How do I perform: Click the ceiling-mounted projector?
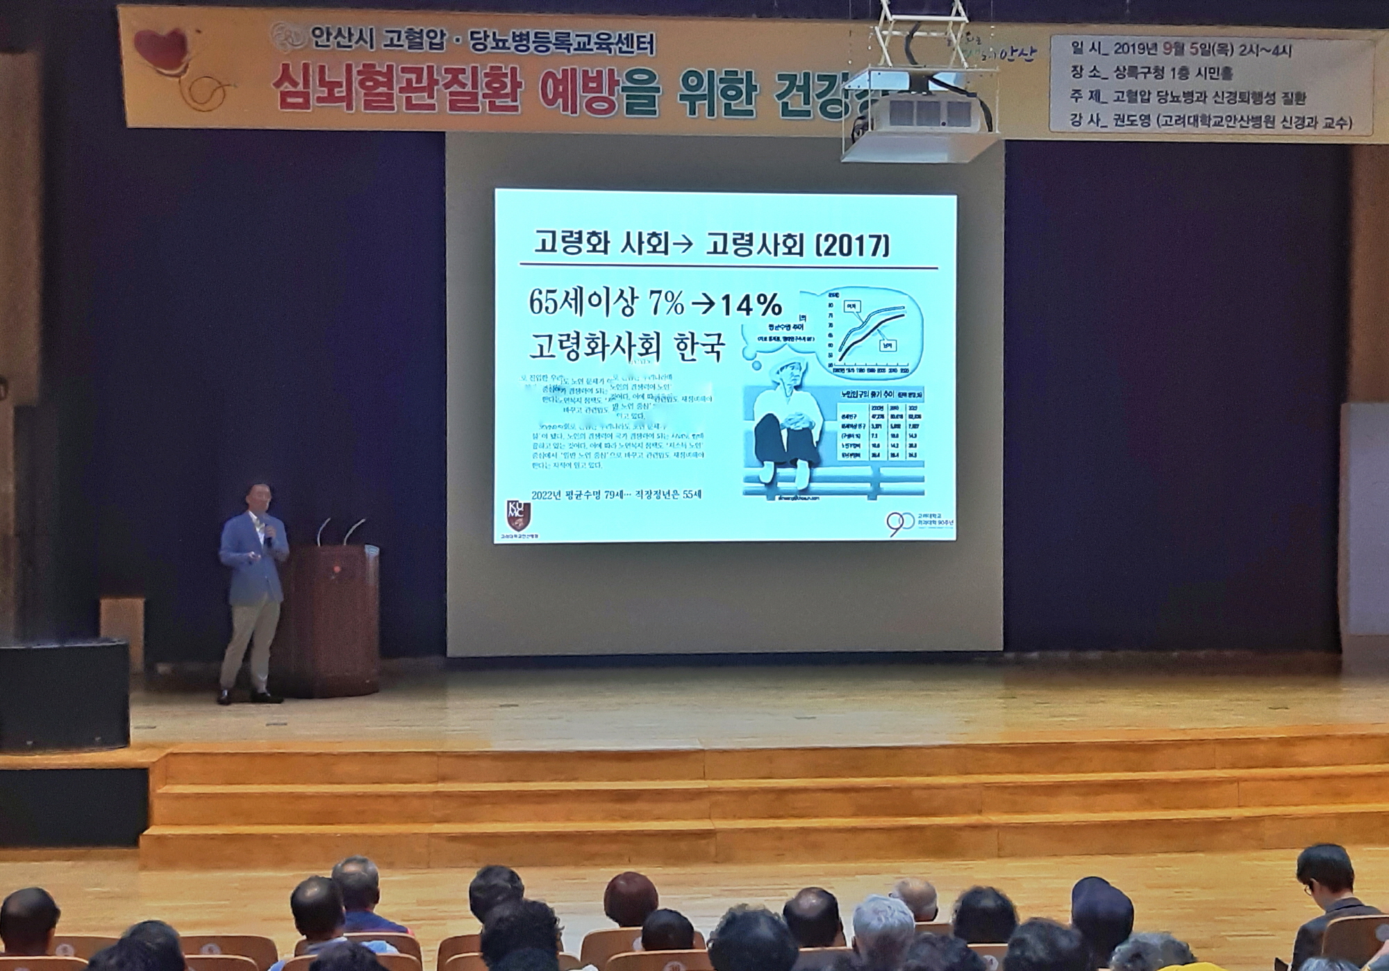[x=920, y=118]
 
